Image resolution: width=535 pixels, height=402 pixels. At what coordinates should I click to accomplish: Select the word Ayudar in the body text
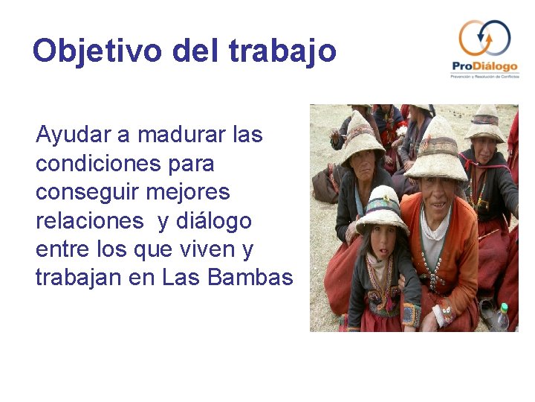click(72, 135)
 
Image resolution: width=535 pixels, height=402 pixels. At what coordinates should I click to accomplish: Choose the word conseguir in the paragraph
click(88, 192)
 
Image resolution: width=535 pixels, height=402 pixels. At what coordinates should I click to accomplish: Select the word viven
click(207, 249)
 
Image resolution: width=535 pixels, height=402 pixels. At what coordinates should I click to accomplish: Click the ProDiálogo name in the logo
click(484, 67)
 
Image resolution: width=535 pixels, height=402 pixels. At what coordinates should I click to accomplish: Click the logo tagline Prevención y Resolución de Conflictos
click(484, 77)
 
